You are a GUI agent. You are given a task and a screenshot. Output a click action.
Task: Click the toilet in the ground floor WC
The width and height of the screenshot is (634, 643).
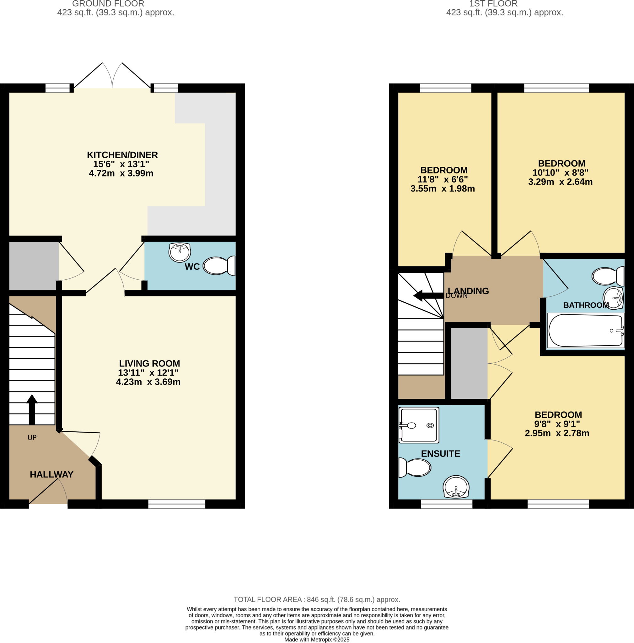[219, 266]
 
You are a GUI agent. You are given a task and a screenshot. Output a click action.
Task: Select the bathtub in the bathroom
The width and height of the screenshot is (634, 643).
[585, 331]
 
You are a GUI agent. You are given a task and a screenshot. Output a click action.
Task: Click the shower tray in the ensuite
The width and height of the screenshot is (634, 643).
[419, 425]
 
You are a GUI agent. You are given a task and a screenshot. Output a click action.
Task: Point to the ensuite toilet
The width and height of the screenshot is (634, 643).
[415, 467]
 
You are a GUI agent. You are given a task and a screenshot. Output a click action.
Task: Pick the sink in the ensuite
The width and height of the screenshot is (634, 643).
[456, 487]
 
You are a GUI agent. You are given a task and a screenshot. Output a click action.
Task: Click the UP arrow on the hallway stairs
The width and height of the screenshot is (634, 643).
[32, 409]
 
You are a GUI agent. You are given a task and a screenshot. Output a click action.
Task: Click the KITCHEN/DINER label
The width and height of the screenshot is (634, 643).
[122, 155]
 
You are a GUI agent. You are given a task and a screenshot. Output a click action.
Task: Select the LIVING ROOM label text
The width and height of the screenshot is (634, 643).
[149, 364]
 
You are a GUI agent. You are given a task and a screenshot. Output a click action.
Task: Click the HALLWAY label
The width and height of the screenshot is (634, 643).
[51, 474]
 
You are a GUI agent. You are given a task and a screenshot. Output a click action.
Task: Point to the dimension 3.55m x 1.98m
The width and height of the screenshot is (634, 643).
[443, 189]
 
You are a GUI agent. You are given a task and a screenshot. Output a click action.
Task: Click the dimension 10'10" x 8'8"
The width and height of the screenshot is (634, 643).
[560, 173]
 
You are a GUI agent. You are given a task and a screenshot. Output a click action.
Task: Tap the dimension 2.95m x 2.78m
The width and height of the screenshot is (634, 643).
[557, 433]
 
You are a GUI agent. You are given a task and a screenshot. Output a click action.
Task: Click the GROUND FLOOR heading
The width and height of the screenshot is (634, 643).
[108, 4]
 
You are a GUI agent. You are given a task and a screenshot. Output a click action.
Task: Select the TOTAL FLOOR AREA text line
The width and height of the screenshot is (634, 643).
[317, 599]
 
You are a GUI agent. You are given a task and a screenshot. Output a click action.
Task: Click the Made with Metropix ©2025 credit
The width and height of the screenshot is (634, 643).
[317, 639]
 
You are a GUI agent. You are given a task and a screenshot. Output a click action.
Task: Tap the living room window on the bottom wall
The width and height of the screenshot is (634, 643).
[177, 504]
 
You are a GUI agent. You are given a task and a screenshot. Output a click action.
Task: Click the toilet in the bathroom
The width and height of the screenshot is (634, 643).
[608, 276]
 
